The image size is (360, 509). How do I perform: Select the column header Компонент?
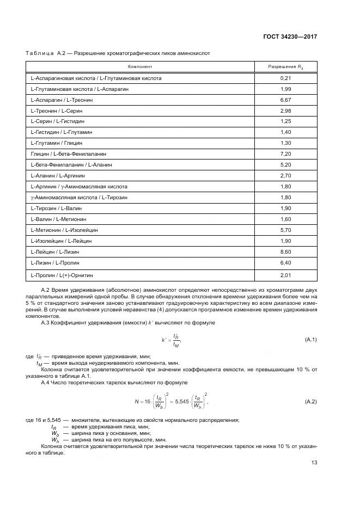tap(140, 66)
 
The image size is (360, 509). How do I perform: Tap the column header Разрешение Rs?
tap(286, 66)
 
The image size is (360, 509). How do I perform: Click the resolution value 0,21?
tap(286, 78)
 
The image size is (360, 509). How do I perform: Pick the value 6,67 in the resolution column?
tap(286, 100)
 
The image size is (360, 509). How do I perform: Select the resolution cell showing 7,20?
tap(286, 154)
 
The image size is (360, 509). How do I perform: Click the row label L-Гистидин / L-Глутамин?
tap(62, 132)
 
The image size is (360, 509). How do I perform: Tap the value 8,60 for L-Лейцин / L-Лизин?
tap(286, 251)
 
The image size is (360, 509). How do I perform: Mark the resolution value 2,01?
tap(286, 275)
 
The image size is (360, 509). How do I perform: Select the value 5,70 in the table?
tap(286, 230)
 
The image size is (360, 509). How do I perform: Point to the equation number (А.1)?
tap(310, 340)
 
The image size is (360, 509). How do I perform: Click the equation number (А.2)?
tap(310, 402)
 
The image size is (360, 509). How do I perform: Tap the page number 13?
tap(314, 463)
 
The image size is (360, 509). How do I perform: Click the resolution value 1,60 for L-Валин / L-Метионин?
tap(286, 219)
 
